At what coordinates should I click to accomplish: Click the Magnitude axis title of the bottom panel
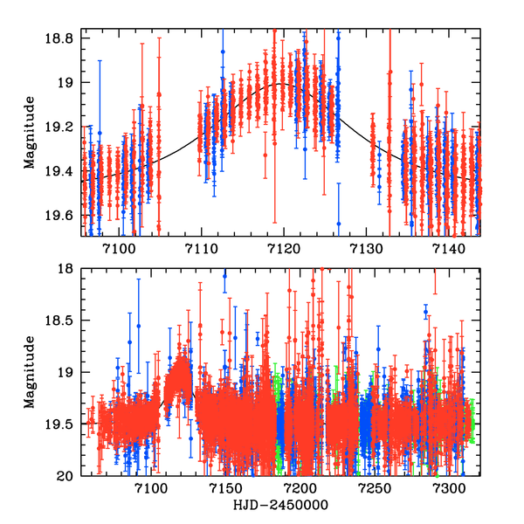tap(30, 373)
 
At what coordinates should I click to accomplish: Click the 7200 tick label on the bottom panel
tap(299, 488)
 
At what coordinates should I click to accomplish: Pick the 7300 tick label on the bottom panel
tap(446, 488)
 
